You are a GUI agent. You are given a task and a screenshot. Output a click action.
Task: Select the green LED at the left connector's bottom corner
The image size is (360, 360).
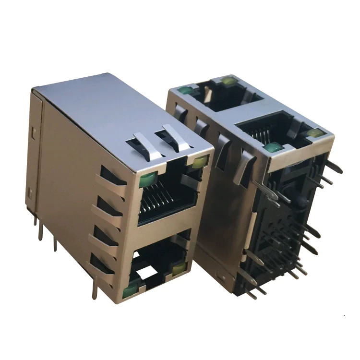click(x=129, y=291)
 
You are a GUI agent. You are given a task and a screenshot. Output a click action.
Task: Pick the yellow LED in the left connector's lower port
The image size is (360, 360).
click(x=180, y=269)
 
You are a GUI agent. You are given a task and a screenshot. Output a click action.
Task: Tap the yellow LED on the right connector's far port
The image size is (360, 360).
click(x=229, y=82)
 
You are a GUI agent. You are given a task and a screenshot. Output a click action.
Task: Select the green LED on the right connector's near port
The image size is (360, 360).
click(x=272, y=147)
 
